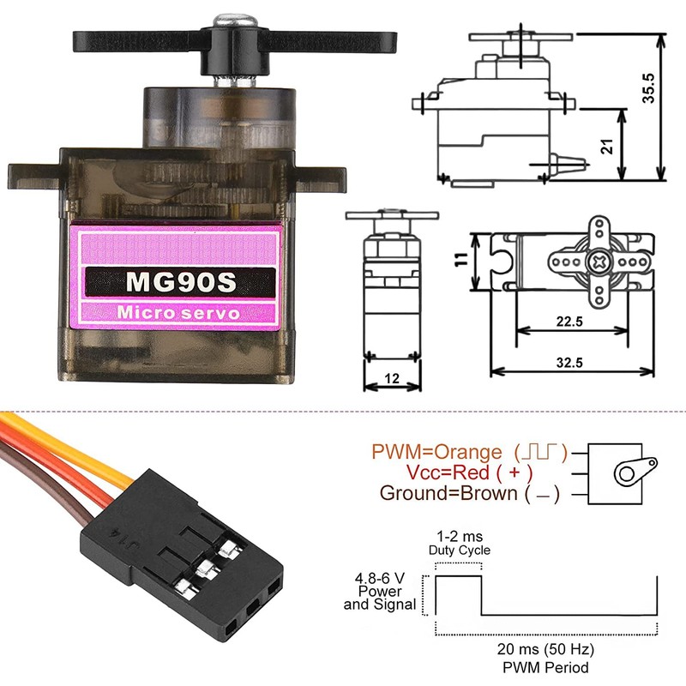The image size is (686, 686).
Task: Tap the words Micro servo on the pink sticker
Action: (179, 313)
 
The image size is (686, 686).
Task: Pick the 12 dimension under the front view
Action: (392, 378)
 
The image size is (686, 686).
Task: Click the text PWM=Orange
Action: (436, 452)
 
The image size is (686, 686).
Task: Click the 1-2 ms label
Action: (459, 537)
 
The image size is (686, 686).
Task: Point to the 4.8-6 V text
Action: (380, 578)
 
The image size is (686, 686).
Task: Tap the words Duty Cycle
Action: (459, 551)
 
